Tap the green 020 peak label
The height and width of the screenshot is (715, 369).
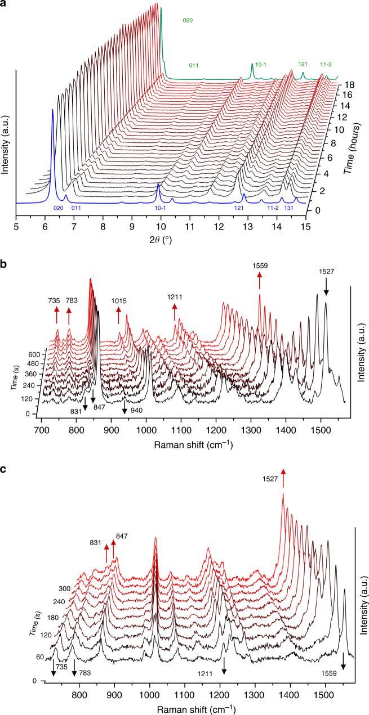(188, 20)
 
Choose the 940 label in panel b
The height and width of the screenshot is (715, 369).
(137, 410)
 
